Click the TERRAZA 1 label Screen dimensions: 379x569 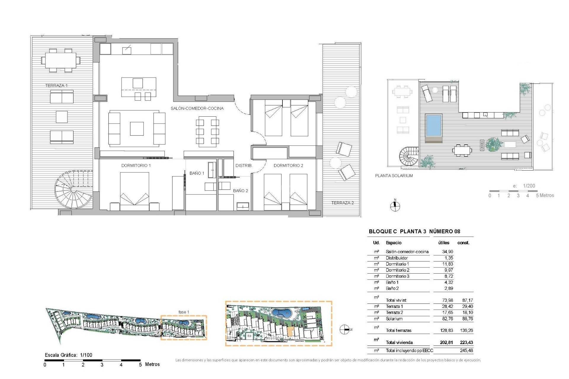(56, 86)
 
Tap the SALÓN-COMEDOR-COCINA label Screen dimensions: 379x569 (197, 108)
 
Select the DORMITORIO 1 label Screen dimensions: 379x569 (136, 166)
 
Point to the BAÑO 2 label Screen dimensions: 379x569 (240, 191)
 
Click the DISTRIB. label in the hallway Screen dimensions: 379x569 (244, 166)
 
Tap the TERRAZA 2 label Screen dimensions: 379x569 (342, 203)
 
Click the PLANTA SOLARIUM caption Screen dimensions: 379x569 (394, 176)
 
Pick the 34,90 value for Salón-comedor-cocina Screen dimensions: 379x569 (447, 252)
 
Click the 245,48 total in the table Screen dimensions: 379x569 (466, 351)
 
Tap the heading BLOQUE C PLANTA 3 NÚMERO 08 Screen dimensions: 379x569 (414, 232)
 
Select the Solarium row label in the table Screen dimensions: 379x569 (394, 319)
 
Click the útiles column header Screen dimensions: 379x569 (444, 243)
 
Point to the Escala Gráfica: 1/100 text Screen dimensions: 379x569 (68, 355)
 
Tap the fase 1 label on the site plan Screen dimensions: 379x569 (184, 312)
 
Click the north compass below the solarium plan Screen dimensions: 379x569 (395, 206)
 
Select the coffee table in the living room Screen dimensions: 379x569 (137, 129)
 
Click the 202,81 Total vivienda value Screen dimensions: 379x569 (446, 343)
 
